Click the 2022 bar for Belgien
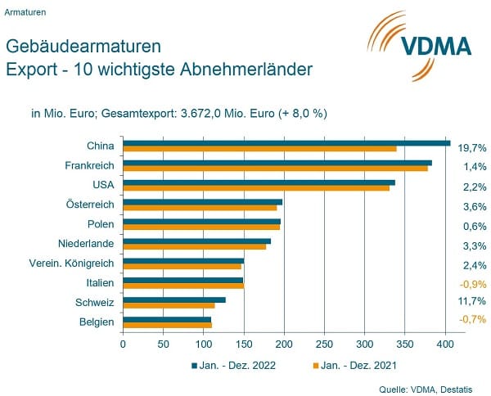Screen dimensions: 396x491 (167, 319)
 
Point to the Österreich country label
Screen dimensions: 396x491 (90, 204)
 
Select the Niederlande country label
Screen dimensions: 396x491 (86, 243)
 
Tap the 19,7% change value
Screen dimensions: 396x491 (472, 148)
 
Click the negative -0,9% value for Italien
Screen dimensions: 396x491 (472, 284)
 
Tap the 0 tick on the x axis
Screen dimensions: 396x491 (123, 344)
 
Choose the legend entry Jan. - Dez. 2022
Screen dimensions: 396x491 (234, 365)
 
